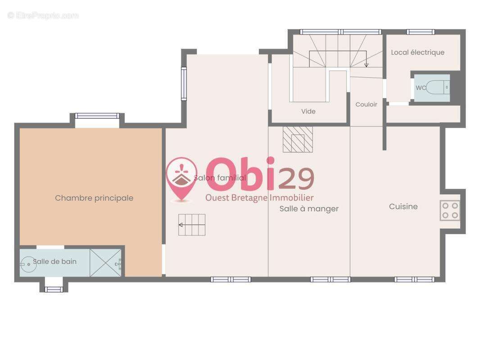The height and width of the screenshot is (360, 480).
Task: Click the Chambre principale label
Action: [94, 198]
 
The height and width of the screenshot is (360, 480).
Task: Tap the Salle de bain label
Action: [54, 261]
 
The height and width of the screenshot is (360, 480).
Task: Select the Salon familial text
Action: [220, 178]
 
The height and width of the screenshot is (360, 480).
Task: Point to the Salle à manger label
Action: [309, 209]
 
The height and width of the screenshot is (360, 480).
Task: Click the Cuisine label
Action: [403, 207]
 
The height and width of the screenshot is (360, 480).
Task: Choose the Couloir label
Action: [366, 104]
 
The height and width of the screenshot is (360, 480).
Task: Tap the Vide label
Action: [308, 111]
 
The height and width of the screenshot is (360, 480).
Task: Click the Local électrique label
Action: [417, 52]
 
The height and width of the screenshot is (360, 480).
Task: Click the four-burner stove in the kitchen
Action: [450, 211]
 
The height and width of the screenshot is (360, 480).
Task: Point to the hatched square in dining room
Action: [298, 139]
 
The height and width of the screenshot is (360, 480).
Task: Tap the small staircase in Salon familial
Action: [192, 225]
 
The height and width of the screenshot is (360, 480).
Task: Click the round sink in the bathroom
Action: [28, 264]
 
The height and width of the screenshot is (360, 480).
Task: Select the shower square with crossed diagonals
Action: [105, 263]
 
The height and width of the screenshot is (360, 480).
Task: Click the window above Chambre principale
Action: [97, 116]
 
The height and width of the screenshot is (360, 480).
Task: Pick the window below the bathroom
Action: [54, 289]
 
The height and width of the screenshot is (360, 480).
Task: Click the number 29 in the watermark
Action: [296, 179]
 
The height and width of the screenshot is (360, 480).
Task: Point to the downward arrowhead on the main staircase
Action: [366, 65]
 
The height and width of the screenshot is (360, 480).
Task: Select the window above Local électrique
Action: [420, 32]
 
